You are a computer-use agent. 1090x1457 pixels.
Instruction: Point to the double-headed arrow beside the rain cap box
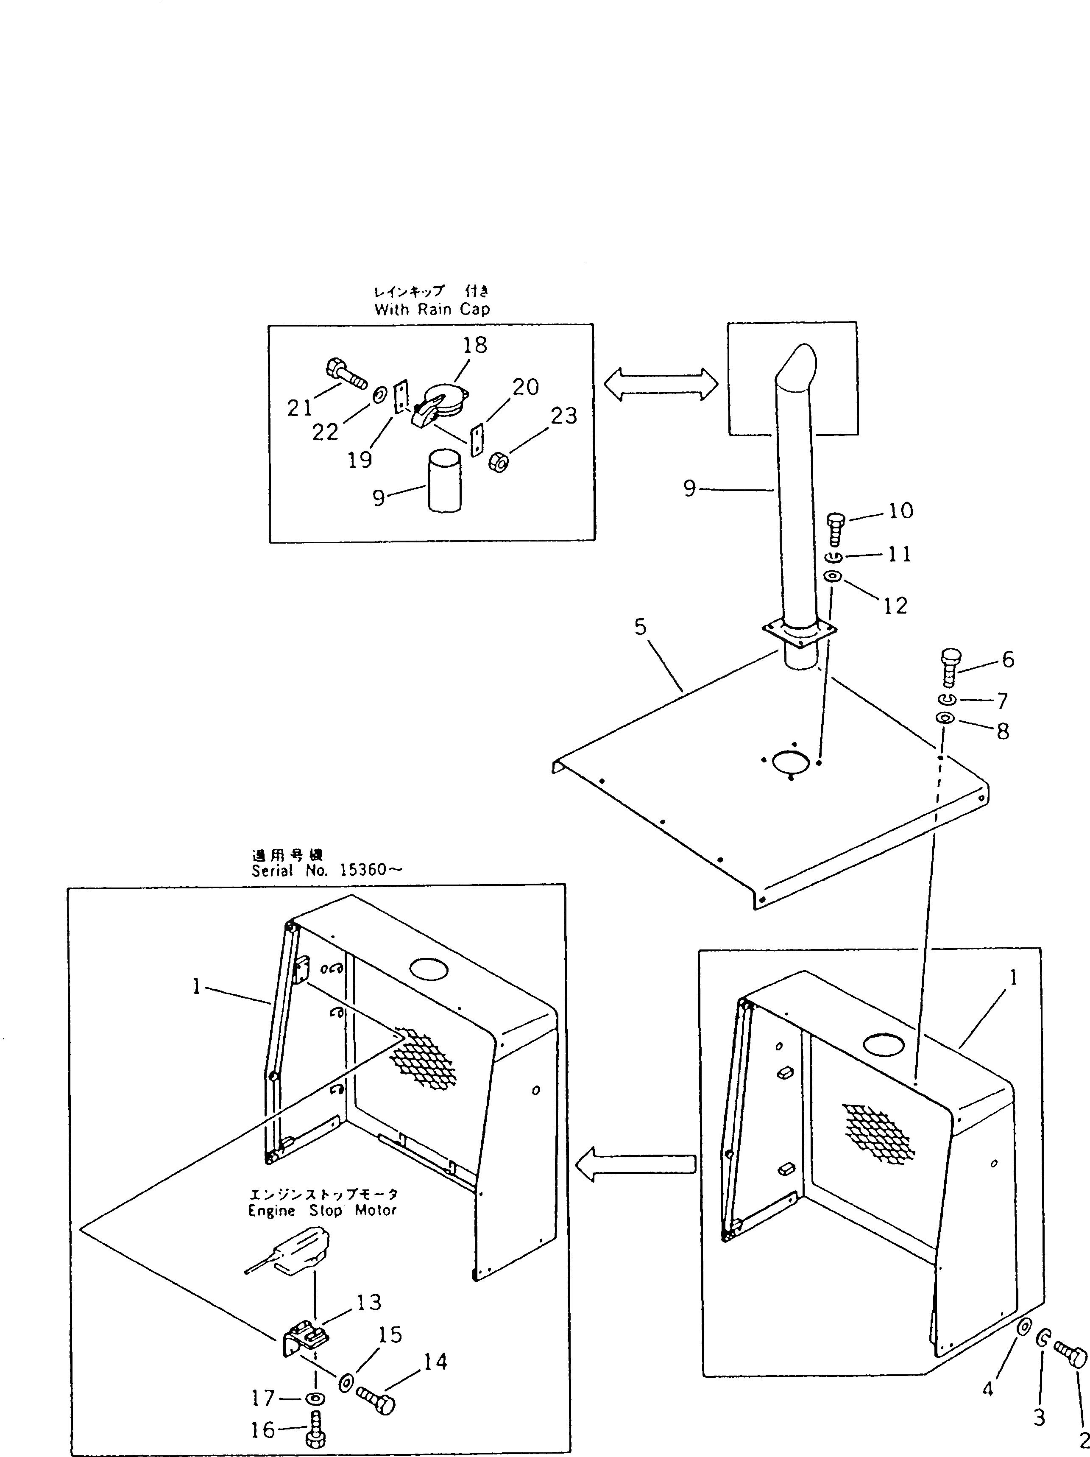[660, 384]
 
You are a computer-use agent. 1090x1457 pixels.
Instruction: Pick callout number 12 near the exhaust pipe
[895, 606]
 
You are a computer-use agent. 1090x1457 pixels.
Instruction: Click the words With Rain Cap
[432, 310]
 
